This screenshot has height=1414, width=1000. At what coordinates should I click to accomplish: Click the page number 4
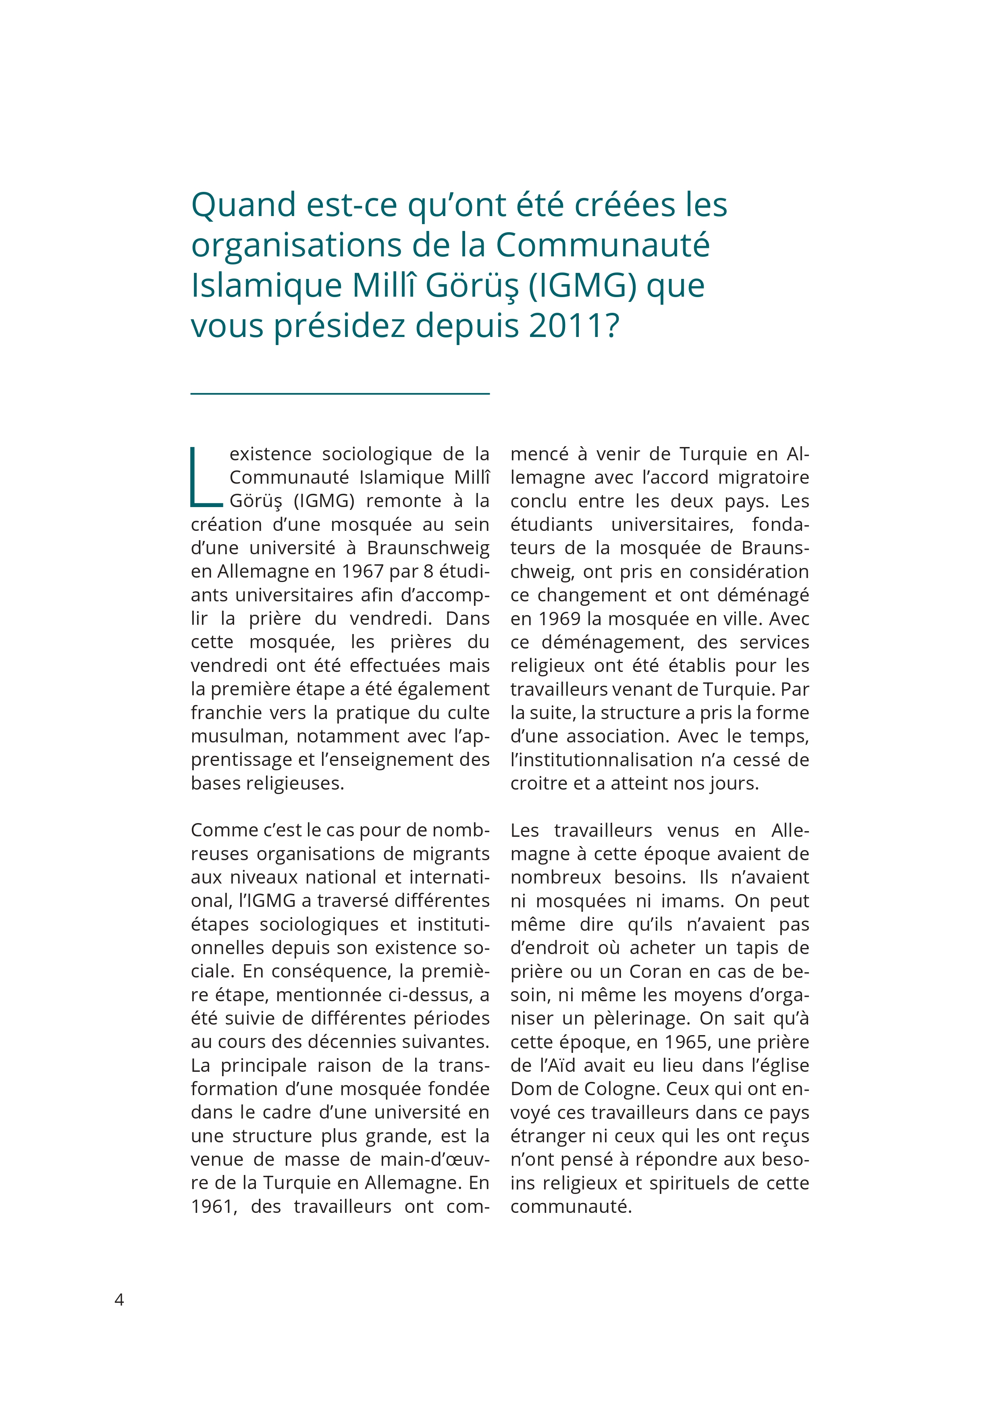119,1300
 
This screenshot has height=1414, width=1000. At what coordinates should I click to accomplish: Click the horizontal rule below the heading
340,393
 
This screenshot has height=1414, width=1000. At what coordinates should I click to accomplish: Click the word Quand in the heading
243,205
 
